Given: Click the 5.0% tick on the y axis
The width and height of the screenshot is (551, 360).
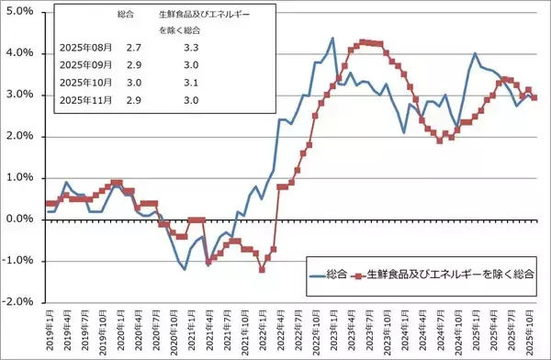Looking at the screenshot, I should pos(18,12).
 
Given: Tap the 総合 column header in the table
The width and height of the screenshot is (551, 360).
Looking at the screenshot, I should pos(128,16).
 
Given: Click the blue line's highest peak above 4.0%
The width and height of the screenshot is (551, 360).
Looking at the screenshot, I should pos(332,39).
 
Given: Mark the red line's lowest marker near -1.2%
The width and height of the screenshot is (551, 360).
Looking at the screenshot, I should pos(262,269).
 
